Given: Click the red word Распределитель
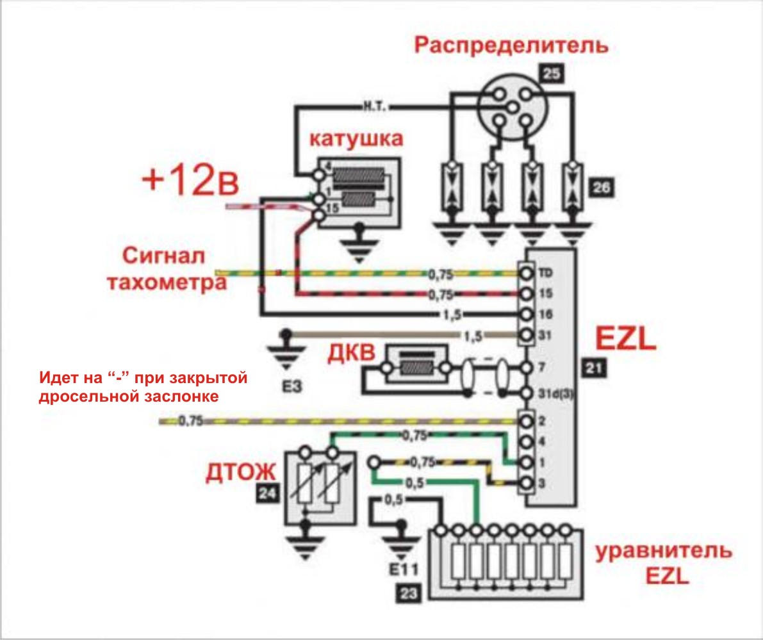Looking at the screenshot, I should tap(510, 47).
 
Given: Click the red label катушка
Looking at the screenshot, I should tap(356, 138).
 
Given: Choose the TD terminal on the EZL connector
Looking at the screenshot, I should tap(527, 274).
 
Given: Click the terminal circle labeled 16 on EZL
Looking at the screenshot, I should tap(527, 315).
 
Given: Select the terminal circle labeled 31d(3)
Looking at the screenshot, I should tap(527, 392).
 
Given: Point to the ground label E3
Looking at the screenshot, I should tap(286, 386).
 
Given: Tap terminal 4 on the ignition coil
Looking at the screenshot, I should tap(318, 174).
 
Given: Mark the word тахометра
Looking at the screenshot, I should tap(166, 284).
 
